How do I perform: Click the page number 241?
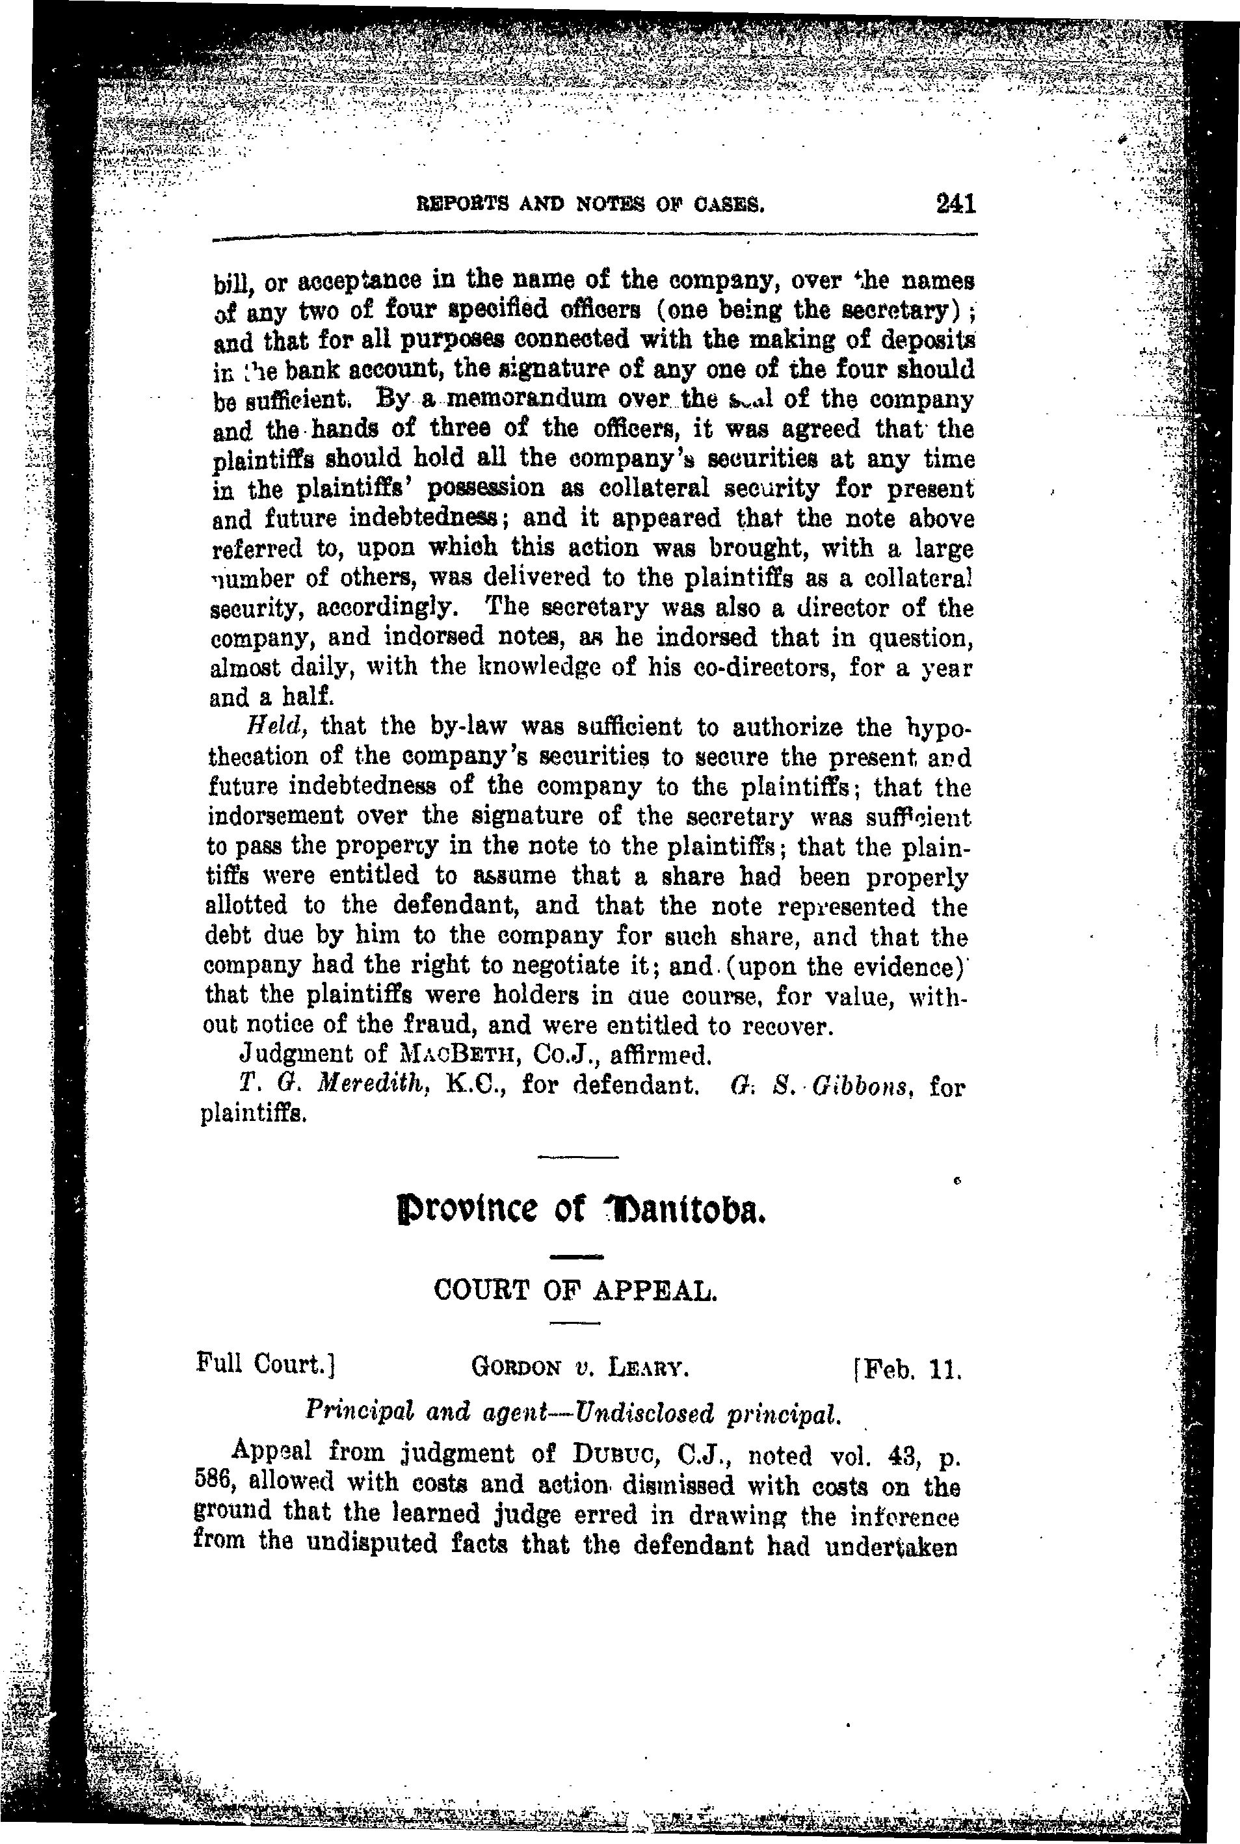[955, 204]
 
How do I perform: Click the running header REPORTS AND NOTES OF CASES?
[591, 207]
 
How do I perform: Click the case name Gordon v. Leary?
[579, 1365]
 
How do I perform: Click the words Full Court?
[267, 1363]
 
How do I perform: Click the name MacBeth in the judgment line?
[458, 1055]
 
